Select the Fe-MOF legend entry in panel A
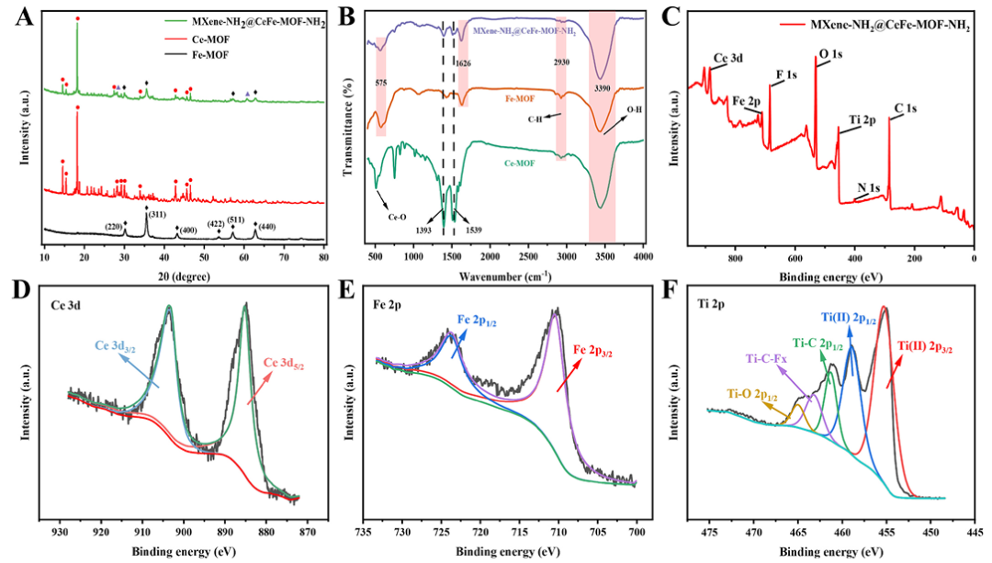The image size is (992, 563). [233, 56]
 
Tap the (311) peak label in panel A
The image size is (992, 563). [147, 214]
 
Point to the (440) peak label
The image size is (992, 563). [266, 224]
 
